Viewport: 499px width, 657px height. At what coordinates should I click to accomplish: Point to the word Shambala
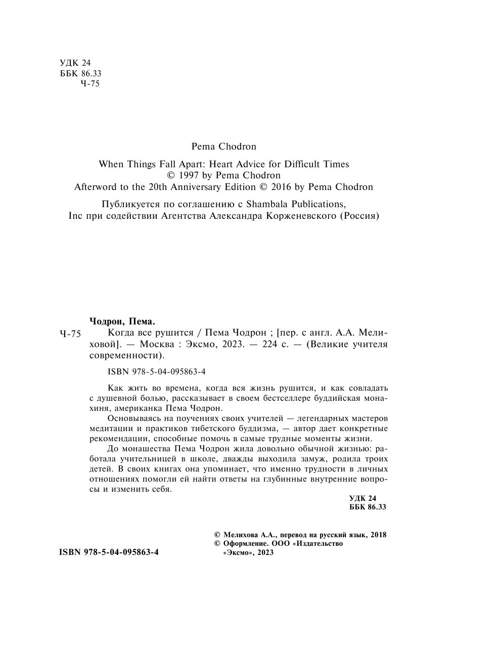(x=274, y=204)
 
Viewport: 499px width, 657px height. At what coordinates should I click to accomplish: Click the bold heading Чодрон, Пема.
(x=122, y=321)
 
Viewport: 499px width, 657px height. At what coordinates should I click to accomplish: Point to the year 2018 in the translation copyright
(x=378, y=534)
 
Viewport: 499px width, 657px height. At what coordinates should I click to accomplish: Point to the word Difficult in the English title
(x=301, y=164)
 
